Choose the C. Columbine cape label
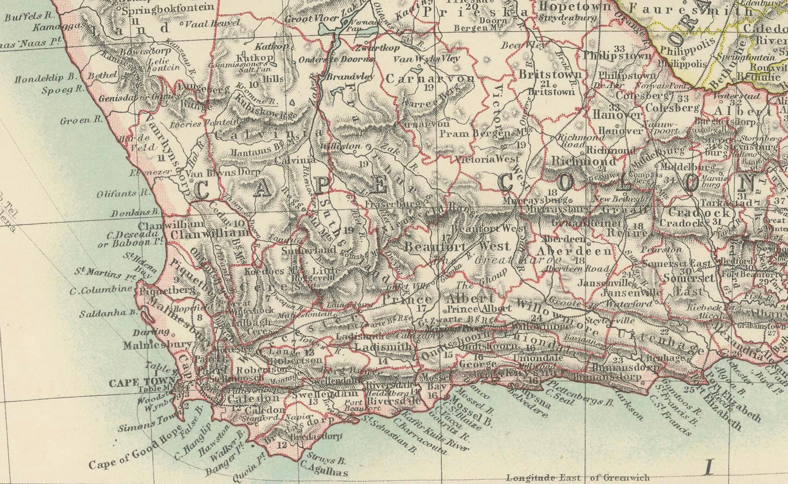point(101,289)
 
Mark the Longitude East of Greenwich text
point(578,478)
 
